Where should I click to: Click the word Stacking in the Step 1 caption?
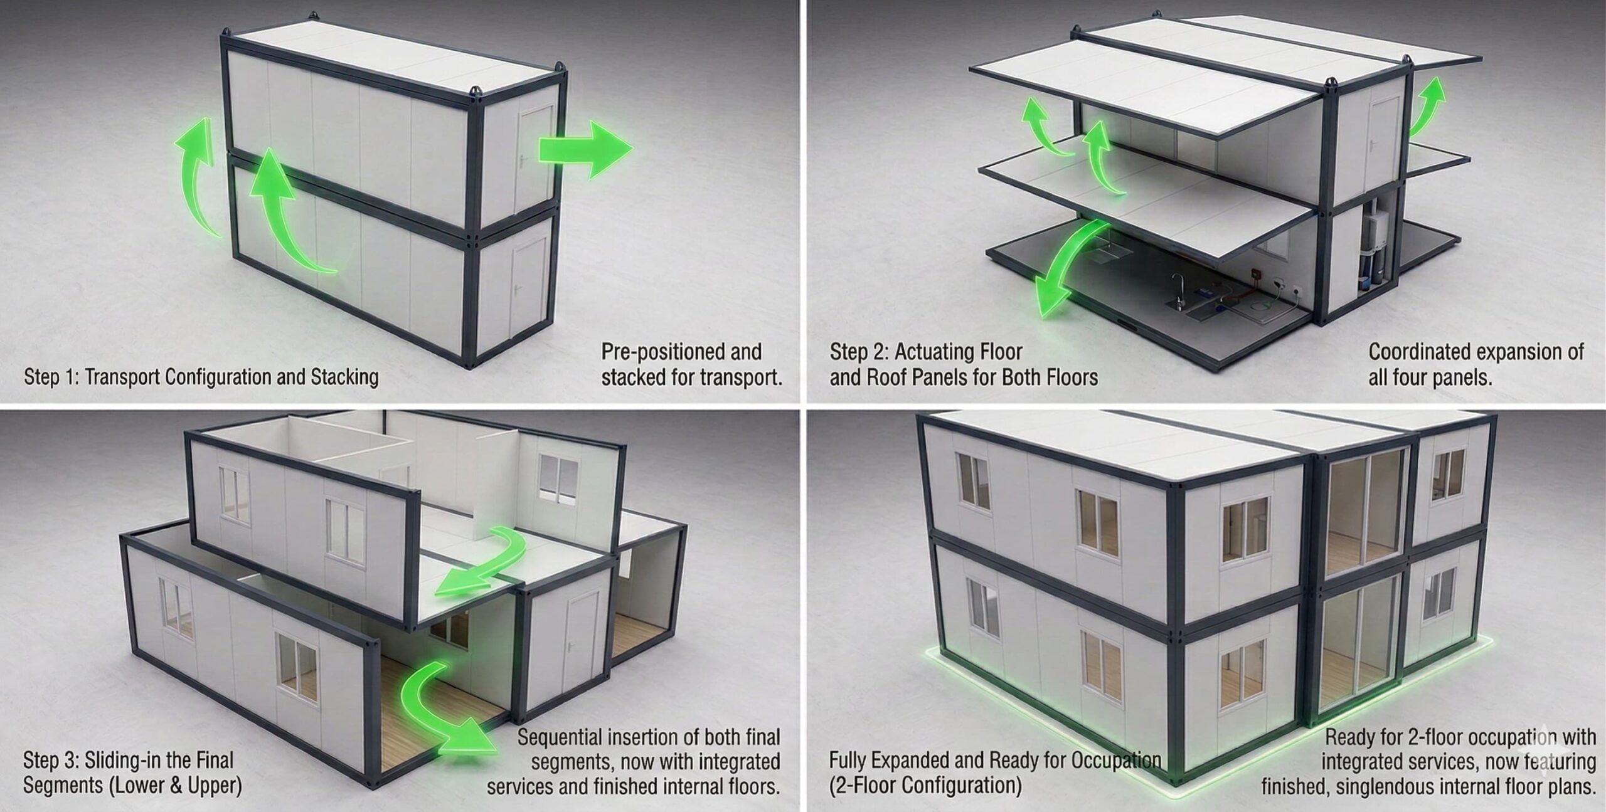345,377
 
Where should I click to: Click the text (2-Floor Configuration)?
925,786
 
